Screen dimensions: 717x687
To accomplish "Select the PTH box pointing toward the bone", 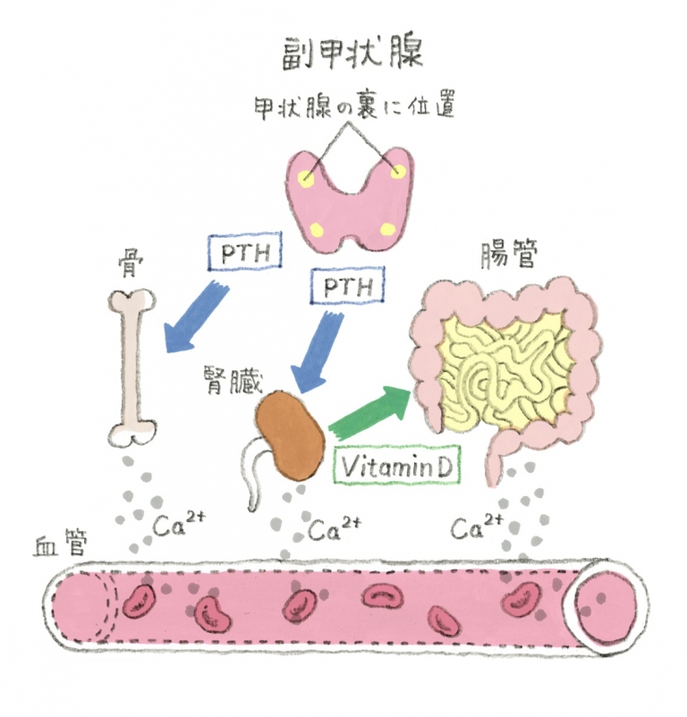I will tap(244, 252).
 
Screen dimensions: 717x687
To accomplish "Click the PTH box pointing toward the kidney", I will tap(345, 288).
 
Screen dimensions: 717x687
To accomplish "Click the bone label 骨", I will tap(129, 264).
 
